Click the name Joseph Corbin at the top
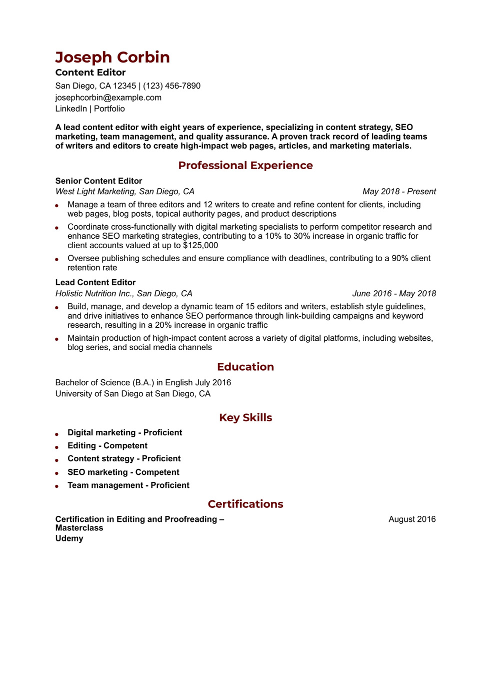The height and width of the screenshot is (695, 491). click(x=112, y=58)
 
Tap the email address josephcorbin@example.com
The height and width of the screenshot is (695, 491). click(x=108, y=98)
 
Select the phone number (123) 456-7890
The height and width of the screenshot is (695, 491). click(x=171, y=86)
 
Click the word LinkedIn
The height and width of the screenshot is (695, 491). click(x=71, y=109)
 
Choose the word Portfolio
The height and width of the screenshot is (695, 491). click(x=109, y=109)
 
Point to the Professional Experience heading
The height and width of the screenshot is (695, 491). click(x=245, y=166)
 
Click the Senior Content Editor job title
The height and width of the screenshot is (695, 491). click(x=98, y=181)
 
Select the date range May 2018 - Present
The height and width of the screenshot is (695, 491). click(x=399, y=192)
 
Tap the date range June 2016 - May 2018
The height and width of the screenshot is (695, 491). click(x=394, y=294)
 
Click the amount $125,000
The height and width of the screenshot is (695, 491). click(x=200, y=245)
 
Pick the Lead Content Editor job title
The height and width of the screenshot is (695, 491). click(x=95, y=283)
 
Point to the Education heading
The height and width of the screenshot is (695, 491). click(x=245, y=367)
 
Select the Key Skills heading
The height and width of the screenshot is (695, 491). click(x=245, y=418)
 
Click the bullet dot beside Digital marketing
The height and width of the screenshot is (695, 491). click(x=57, y=434)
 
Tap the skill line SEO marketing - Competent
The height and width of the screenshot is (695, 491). click(x=123, y=472)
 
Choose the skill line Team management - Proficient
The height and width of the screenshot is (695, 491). click(x=128, y=485)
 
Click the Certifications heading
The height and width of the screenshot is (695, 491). click(x=245, y=504)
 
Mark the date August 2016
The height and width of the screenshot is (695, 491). click(x=412, y=519)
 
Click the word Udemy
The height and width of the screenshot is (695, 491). click(x=69, y=538)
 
